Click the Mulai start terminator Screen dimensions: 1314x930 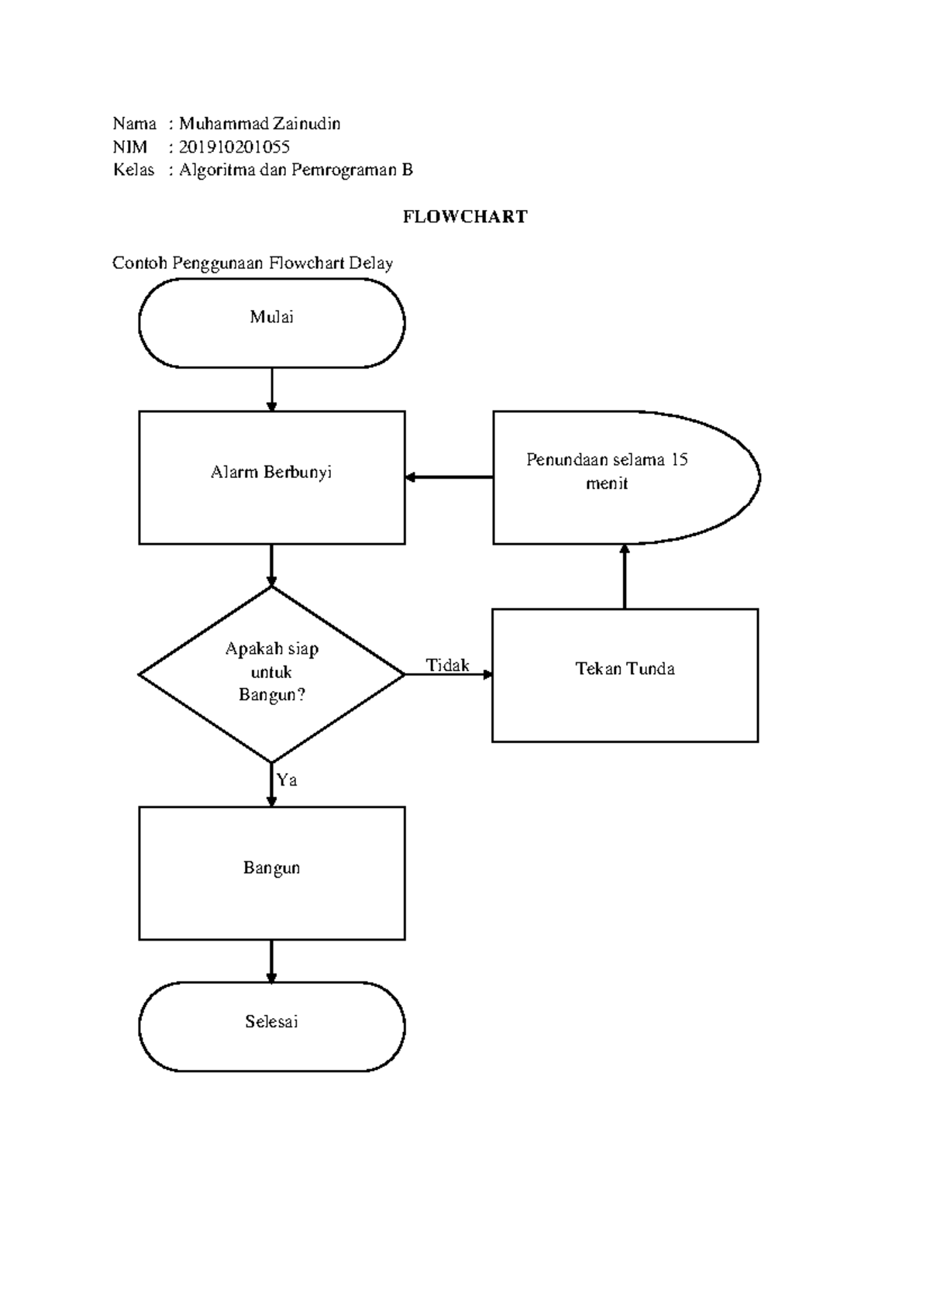pyautogui.click(x=271, y=322)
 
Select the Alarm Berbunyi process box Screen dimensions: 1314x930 pyautogui.click(x=271, y=477)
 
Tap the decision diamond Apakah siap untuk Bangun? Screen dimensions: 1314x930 pyautogui.click(x=271, y=674)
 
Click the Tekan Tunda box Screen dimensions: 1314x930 pyautogui.click(x=625, y=675)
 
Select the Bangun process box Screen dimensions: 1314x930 pyautogui.click(x=271, y=873)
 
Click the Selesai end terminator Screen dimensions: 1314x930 pyautogui.click(x=271, y=1027)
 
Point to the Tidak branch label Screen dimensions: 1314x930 pyautogui.click(x=447, y=665)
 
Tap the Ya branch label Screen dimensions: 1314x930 pyautogui.click(x=287, y=780)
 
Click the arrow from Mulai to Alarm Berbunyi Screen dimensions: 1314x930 pyautogui.click(x=271, y=389)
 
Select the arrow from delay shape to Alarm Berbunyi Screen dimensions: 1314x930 pyautogui.click(x=449, y=477)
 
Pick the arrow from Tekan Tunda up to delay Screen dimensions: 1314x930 pyautogui.click(x=625, y=576)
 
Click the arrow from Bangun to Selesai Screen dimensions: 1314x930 pyautogui.click(x=271, y=961)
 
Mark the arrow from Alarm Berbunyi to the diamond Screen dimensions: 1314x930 pyautogui.click(x=271, y=565)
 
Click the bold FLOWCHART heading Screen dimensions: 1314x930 pyautogui.click(x=465, y=217)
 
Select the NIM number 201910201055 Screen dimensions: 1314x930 pyautogui.click(x=234, y=147)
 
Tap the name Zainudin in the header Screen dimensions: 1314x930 pyautogui.click(x=307, y=124)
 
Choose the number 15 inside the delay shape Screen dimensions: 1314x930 pyautogui.click(x=679, y=459)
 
